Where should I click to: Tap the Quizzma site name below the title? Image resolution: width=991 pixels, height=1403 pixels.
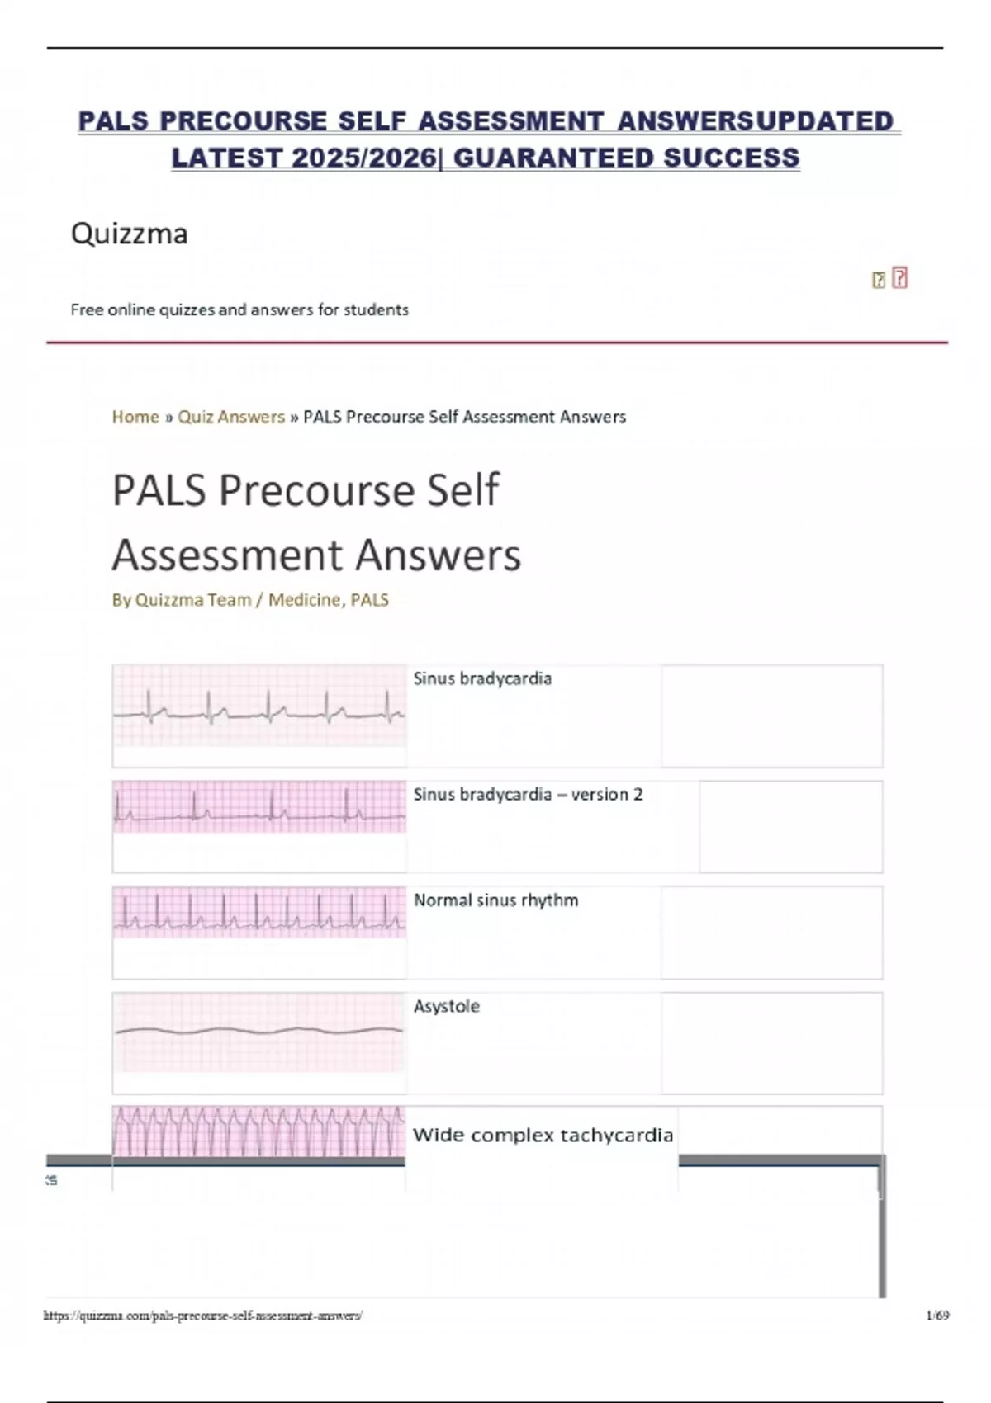pyautogui.click(x=130, y=234)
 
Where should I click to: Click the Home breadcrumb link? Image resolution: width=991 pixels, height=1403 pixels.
pyautogui.click(x=135, y=417)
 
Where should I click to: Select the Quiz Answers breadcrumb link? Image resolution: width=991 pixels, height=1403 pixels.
pyautogui.click(x=231, y=417)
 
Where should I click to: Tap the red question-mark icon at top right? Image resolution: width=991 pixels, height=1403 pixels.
pyautogui.click(x=900, y=278)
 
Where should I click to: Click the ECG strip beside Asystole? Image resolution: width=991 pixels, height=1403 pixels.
pyautogui.click(x=259, y=1032)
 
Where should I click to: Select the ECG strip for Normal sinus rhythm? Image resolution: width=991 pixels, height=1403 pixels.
pyautogui.click(x=259, y=912)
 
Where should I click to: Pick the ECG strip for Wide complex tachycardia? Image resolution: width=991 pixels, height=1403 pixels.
pyautogui.click(x=259, y=1131)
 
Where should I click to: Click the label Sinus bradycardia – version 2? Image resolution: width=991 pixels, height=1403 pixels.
pyautogui.click(x=528, y=795)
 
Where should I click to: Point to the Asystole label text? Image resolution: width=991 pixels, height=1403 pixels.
pyautogui.click(x=446, y=1007)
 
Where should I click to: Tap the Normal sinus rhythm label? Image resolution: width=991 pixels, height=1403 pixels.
pyautogui.click(x=495, y=900)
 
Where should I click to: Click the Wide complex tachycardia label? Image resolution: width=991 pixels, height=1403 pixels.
pyautogui.click(x=543, y=1136)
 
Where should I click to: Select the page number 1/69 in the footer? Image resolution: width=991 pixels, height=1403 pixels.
pyautogui.click(x=937, y=1315)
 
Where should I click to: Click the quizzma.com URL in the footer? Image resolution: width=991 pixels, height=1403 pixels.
pyautogui.click(x=203, y=1316)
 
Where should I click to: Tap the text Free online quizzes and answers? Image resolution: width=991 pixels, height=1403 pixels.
pyautogui.click(x=239, y=309)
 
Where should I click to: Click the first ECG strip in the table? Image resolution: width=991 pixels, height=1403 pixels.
pyautogui.click(x=259, y=706)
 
